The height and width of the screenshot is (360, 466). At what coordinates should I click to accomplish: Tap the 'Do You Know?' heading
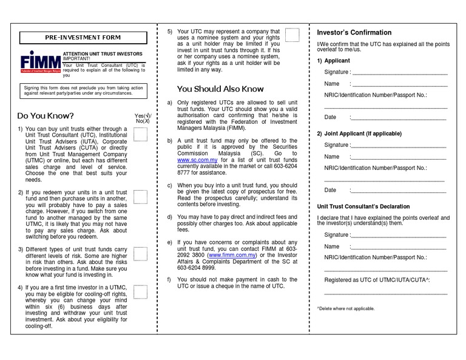(x=46, y=115)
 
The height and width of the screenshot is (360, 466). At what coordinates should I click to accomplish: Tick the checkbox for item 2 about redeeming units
(x=141, y=197)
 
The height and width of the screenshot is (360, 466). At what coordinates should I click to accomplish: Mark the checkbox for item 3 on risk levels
(x=141, y=253)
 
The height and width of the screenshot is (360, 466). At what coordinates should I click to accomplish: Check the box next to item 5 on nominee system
(x=292, y=35)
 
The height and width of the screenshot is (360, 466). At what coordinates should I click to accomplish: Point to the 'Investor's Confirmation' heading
(x=355, y=32)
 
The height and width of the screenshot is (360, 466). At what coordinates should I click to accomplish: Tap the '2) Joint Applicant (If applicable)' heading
(x=360, y=133)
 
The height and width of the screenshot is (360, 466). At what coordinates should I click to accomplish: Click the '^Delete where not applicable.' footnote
(x=346, y=309)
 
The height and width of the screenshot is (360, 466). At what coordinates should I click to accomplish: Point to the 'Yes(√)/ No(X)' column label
(x=144, y=118)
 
